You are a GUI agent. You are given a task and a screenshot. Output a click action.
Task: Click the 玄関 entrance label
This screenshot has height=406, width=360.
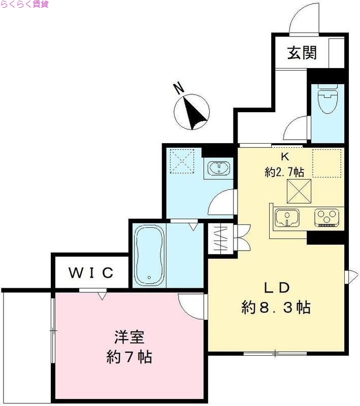[x=302, y=53]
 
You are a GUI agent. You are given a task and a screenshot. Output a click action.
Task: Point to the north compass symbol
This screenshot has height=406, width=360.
[x=192, y=112]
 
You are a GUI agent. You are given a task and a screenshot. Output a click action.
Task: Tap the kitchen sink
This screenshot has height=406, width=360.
[x=287, y=218]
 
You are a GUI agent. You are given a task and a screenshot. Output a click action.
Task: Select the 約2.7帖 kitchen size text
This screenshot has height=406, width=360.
[x=284, y=172]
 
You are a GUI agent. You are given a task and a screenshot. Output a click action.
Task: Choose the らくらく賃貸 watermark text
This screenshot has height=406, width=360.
[x=25, y=5]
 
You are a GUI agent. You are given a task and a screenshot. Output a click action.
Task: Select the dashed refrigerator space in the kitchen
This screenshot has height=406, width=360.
[x=326, y=163]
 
